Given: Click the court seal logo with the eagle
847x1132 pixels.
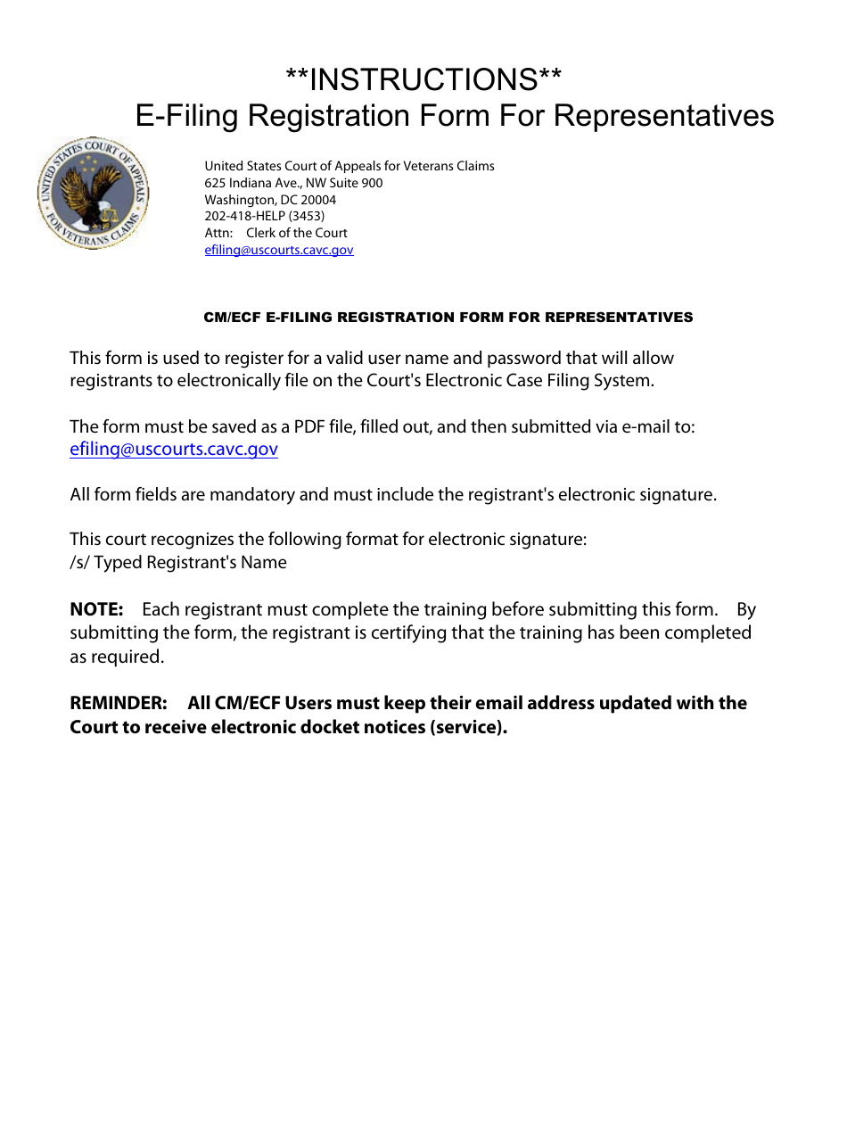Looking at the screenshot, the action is [x=93, y=194].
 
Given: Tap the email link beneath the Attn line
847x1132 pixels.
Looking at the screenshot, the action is [x=279, y=250].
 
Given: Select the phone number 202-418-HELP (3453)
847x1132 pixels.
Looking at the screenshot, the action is [x=264, y=216].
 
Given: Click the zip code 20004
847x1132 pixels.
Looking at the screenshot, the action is [x=318, y=200].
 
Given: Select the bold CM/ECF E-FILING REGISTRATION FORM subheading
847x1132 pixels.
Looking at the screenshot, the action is [x=448, y=318].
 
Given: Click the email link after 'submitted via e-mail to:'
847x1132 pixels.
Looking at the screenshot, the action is [x=174, y=450].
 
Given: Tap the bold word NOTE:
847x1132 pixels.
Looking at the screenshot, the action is [x=96, y=610].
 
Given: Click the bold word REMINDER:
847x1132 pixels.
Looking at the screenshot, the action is [x=118, y=703].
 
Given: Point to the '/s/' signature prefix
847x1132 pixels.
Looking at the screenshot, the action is [x=80, y=563].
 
